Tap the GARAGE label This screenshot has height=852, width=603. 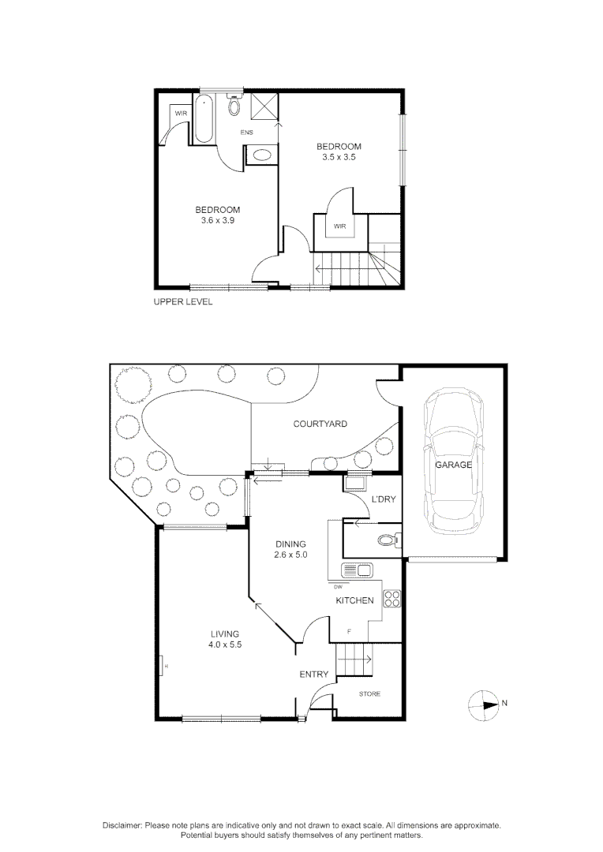(x=453, y=465)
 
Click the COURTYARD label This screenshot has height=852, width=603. (x=320, y=424)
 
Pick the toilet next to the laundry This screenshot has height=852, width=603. (x=387, y=540)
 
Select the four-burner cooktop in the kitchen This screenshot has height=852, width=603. (x=391, y=599)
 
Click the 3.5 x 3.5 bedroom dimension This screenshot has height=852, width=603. (x=339, y=157)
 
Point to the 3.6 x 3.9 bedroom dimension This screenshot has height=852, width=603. (x=218, y=221)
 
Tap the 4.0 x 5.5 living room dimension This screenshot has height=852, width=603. (x=225, y=645)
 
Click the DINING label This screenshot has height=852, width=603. (x=290, y=544)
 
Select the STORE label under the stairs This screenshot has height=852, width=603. (x=369, y=694)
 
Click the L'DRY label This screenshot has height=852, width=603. (x=383, y=500)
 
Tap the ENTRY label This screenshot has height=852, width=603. (x=313, y=674)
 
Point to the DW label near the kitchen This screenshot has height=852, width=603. (x=338, y=586)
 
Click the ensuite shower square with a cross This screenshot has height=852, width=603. (x=265, y=105)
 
